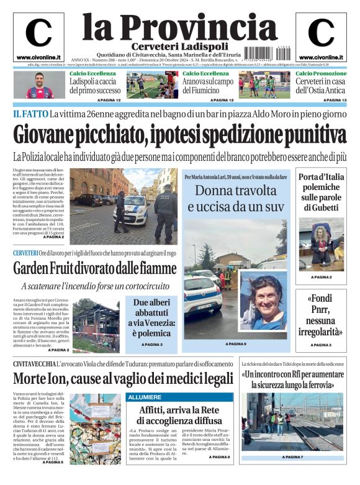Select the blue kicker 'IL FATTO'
(30, 113)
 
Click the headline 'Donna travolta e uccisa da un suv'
(235, 198)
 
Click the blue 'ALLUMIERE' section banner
(145, 397)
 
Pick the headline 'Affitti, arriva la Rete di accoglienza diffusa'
(179, 415)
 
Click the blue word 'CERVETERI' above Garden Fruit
(25, 253)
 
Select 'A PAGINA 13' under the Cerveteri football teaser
(335, 100)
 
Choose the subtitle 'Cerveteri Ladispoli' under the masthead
(171, 47)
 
